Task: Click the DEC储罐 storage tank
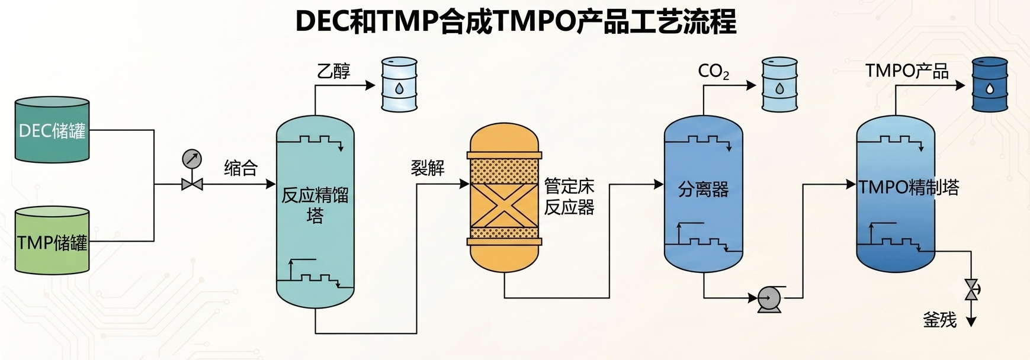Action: tap(52, 130)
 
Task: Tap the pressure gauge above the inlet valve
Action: tap(192, 159)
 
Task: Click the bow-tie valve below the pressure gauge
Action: tap(192, 184)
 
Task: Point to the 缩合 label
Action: tap(240, 168)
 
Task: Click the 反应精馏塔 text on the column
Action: tap(315, 205)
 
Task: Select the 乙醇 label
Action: tap(333, 71)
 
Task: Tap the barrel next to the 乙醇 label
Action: tap(399, 84)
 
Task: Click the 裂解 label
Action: tap(428, 168)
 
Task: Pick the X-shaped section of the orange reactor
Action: tap(505, 203)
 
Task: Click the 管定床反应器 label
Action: tap(569, 197)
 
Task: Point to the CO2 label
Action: tap(714, 72)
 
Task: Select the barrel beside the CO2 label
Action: tap(779, 84)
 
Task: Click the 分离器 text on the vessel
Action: tap(703, 190)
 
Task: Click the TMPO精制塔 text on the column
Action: tap(909, 188)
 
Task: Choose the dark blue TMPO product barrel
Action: tap(990, 84)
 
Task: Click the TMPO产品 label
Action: tap(907, 71)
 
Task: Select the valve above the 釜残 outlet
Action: tap(971, 289)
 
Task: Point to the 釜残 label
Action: tap(940, 320)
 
